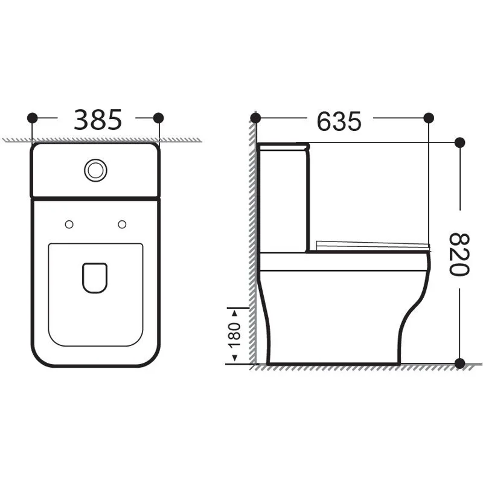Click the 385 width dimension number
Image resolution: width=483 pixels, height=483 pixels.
[x=98, y=120]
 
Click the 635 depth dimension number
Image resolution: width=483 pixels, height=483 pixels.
[x=339, y=121]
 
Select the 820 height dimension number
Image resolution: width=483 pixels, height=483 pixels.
[x=459, y=254]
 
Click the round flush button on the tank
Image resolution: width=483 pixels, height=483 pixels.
[x=95, y=170]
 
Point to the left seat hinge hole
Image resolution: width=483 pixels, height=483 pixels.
[x=69, y=225]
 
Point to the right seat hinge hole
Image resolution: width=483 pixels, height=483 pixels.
[x=122, y=225]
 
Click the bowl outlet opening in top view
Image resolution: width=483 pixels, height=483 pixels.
[x=95, y=278]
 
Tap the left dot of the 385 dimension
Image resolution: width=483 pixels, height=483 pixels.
[x=33, y=118]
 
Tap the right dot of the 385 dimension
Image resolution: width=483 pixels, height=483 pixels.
[x=159, y=118]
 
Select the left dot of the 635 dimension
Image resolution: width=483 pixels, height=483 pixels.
[x=255, y=118]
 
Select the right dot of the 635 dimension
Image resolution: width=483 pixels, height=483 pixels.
[x=429, y=118]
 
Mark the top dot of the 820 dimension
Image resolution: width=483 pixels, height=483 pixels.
[x=459, y=142]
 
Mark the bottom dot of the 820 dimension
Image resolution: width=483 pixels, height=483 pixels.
[x=459, y=363]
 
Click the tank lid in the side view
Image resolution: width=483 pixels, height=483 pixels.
[x=283, y=146]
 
